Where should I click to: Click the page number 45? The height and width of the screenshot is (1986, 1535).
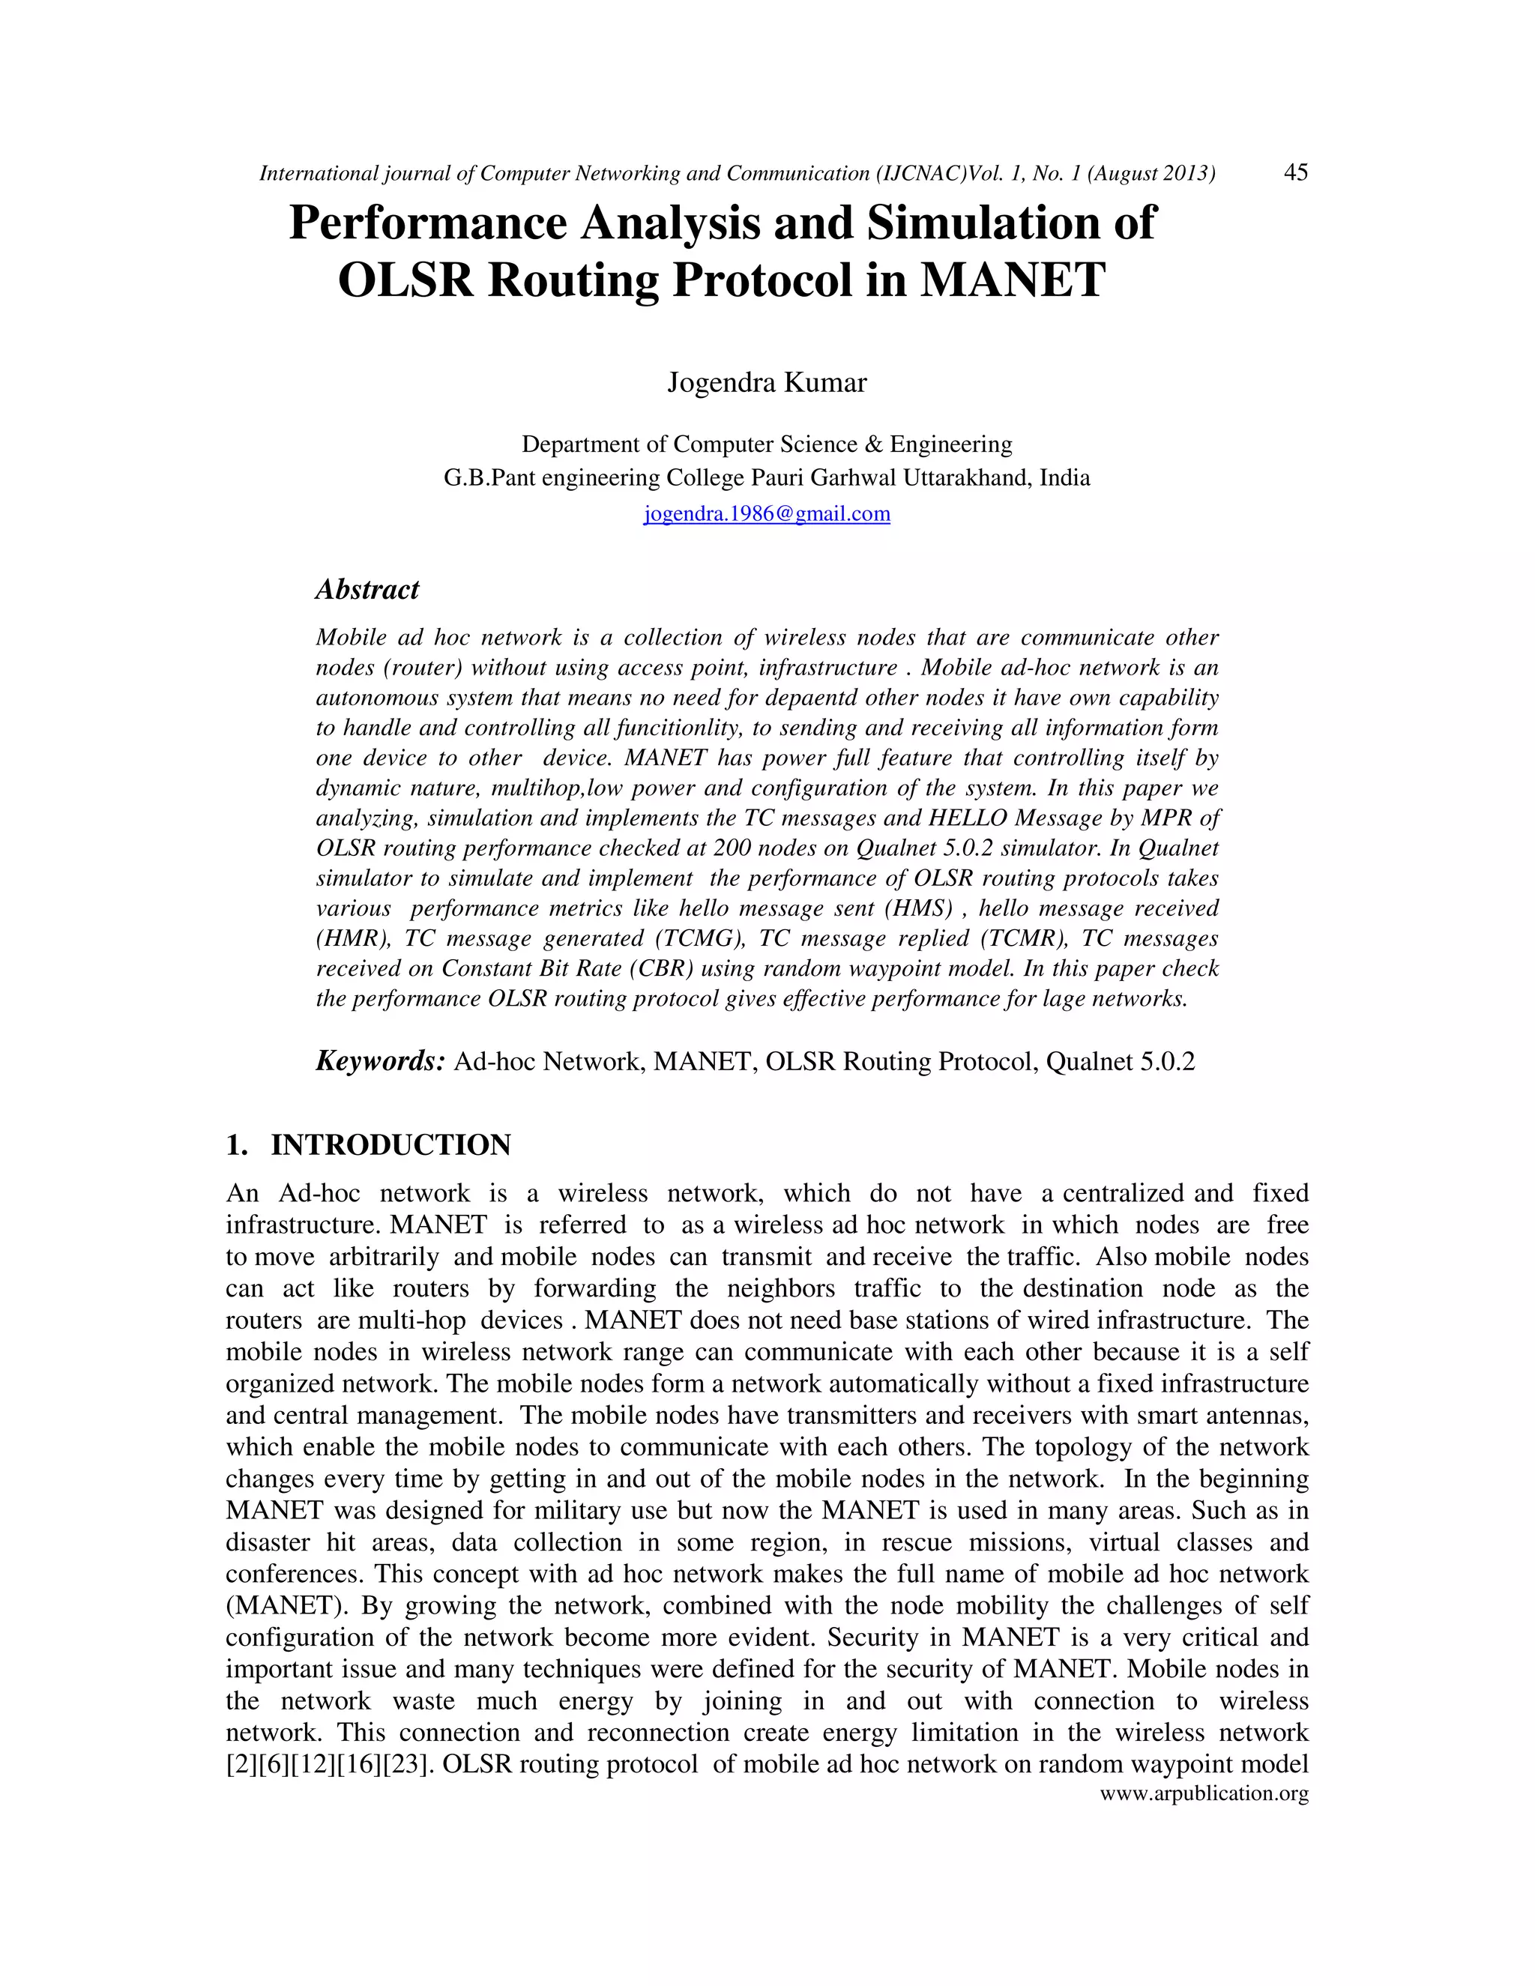1295,172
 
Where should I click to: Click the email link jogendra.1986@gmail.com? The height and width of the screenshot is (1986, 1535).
767,514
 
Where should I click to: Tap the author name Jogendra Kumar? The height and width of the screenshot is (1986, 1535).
767,382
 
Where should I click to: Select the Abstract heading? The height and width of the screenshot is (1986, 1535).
367,589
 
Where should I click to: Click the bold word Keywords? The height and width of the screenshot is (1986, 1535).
379,1060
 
